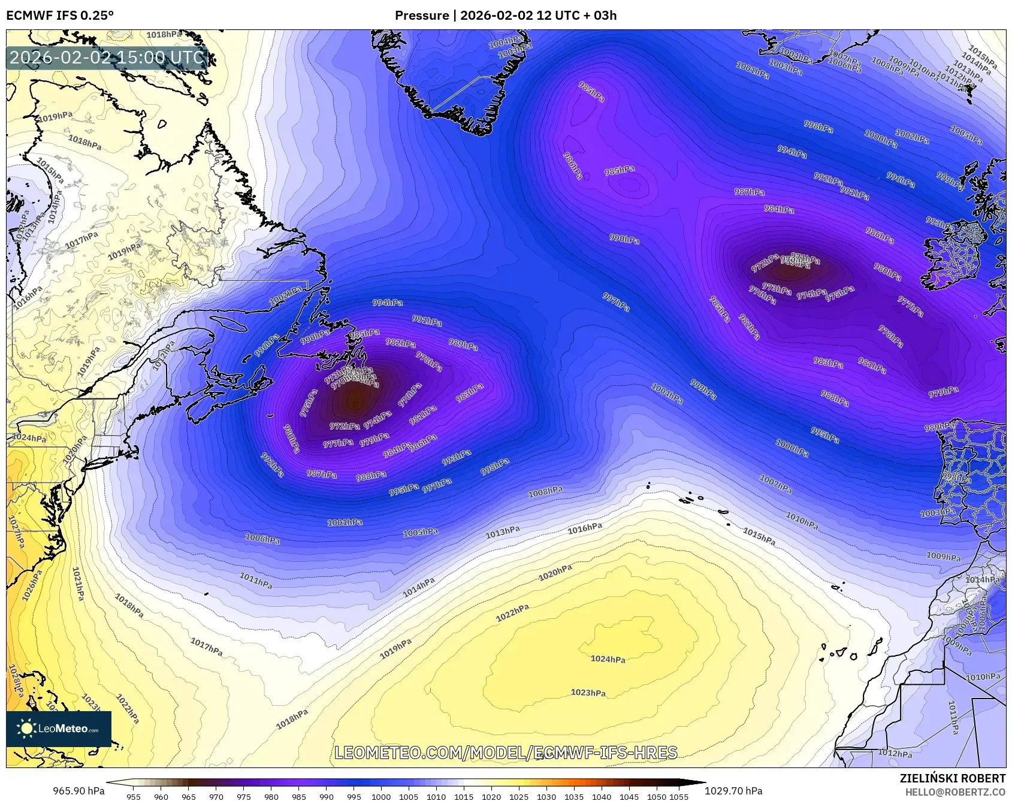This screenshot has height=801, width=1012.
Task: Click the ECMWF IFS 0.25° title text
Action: pos(60,16)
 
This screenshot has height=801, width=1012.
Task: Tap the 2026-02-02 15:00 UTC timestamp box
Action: pos(107,58)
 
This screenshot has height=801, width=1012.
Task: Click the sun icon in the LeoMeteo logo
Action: pos(27,729)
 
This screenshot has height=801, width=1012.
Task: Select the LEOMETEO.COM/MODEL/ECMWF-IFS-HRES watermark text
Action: pos(506,752)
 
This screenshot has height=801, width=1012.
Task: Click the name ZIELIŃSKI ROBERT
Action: pos(952,778)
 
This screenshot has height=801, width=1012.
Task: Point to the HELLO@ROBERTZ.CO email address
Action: pos(955,792)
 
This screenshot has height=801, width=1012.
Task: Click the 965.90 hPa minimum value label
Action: pos(78,791)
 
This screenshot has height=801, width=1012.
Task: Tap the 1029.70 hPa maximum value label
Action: pos(733,791)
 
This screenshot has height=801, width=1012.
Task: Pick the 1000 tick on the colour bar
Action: pos(381,797)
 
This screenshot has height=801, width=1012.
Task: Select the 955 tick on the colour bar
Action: pos(134,797)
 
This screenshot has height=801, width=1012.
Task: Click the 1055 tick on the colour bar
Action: pos(679,797)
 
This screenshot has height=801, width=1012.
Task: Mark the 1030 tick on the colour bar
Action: pos(546,797)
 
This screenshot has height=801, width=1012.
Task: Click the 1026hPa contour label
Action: pos(32,585)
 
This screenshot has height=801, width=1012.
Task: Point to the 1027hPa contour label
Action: pos(16,531)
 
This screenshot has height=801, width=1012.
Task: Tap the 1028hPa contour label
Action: pos(16,681)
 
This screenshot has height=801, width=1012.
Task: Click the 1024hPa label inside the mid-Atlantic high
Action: pos(608,659)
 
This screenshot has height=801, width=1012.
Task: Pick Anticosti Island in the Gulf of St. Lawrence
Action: pos(228,324)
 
